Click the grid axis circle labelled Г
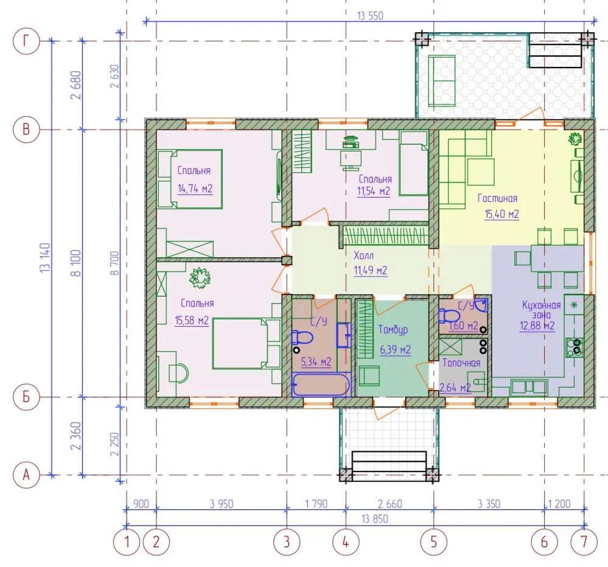coord(26,41)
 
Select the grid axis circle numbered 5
coord(434,541)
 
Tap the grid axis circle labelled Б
coord(26,397)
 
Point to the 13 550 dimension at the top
coord(370,16)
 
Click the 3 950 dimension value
coord(222,504)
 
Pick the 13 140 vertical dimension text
coord(46,258)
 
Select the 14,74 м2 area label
coord(195,189)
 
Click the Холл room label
coord(364,256)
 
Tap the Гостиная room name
coord(497,198)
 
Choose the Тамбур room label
coord(393,330)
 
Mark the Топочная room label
coord(461,363)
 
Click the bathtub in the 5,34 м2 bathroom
coord(321,384)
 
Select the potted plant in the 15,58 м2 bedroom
coord(200,277)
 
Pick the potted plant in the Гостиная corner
coord(576,138)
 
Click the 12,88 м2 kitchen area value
coord(537,325)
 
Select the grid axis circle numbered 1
coord(127,541)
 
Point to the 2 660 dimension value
coord(390,504)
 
